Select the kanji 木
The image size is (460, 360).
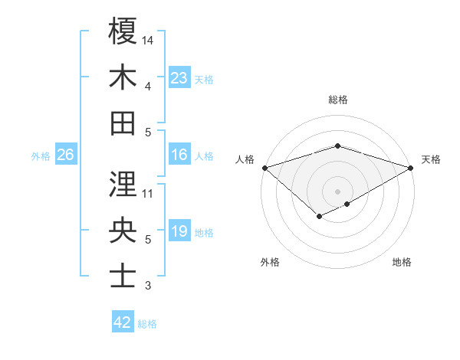click(123, 77)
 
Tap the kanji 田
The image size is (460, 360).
click(123, 123)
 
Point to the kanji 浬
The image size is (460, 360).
click(123, 184)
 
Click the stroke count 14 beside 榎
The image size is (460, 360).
click(149, 39)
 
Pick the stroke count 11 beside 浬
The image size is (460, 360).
click(148, 193)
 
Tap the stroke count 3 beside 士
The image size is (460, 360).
click(148, 286)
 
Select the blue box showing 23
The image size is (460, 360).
click(179, 77)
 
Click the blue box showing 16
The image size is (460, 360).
click(179, 155)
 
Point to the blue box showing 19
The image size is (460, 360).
click(179, 231)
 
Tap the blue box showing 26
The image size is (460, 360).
click(65, 155)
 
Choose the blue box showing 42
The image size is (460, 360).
click(123, 322)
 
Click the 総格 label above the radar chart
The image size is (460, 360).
click(337, 100)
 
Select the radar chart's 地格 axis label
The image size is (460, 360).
click(402, 262)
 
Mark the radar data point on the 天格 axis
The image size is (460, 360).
click(411, 167)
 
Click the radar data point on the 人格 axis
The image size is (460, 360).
click(264, 167)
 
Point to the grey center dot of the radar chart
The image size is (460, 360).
click(337, 191)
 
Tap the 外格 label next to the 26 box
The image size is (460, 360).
click(41, 156)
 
